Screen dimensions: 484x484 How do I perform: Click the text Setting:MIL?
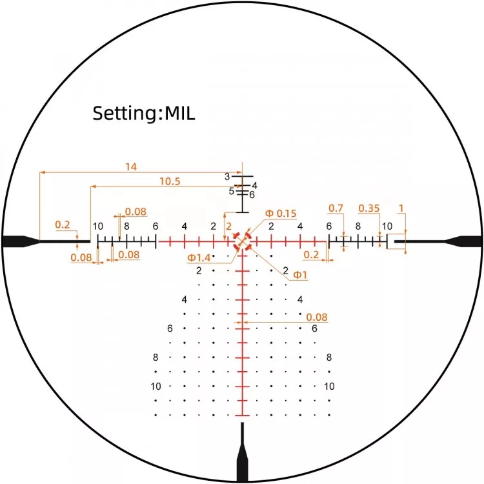tap(143, 114)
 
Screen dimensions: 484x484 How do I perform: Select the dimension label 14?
tap(131, 167)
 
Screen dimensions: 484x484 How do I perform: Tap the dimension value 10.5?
tap(169, 182)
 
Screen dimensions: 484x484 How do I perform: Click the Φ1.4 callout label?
tap(200, 257)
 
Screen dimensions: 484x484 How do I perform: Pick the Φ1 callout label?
tap(300, 275)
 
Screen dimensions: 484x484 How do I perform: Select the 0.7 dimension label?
tap(336, 208)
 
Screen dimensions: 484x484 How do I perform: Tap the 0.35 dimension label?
tap(368, 208)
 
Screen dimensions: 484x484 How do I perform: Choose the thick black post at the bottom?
tap(243, 455)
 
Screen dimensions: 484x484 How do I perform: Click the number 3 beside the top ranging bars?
tap(227, 176)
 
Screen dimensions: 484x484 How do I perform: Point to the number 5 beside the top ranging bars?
tap(232, 191)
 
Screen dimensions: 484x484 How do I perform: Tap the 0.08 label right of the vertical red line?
tap(317, 316)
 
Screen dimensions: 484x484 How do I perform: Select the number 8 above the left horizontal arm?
tap(126, 226)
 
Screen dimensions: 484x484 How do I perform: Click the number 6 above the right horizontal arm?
tap(329, 226)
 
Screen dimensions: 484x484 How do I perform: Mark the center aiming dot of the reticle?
tap(243, 241)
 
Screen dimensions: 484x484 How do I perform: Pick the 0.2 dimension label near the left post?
tap(62, 225)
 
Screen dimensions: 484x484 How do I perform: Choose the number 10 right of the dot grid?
tap(329, 387)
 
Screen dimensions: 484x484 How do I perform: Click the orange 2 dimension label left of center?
tap(228, 226)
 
